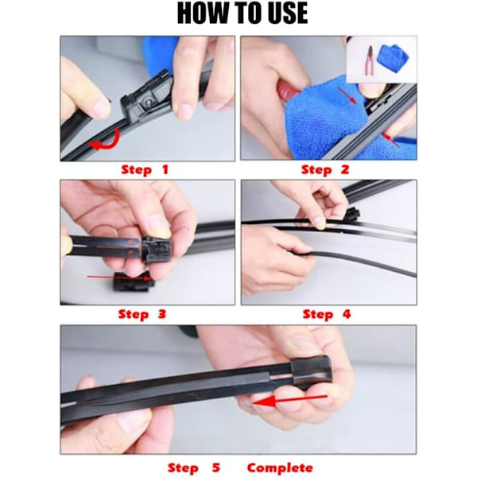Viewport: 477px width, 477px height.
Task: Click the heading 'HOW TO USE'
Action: (x=242, y=13)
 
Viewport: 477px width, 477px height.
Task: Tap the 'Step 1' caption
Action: (x=145, y=170)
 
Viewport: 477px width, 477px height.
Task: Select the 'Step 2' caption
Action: (x=325, y=170)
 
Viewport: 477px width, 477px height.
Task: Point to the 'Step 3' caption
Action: (x=142, y=314)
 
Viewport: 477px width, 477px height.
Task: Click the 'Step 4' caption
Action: (x=327, y=314)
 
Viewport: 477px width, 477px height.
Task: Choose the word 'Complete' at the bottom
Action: (x=280, y=468)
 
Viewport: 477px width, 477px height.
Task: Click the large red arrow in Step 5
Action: (x=289, y=400)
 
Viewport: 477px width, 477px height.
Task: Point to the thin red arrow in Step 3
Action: (x=119, y=277)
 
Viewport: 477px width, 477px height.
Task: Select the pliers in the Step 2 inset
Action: (x=370, y=64)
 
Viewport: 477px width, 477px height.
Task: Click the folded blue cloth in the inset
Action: (x=393, y=58)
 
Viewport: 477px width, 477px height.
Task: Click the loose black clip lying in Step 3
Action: (x=134, y=282)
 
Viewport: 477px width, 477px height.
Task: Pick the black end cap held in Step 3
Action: (x=157, y=250)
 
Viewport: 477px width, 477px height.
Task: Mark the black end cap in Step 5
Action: (x=310, y=370)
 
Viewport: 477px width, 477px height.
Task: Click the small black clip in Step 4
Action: (x=353, y=215)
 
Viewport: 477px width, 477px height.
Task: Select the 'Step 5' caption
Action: (x=194, y=468)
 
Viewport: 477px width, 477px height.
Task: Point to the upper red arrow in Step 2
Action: (x=347, y=95)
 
